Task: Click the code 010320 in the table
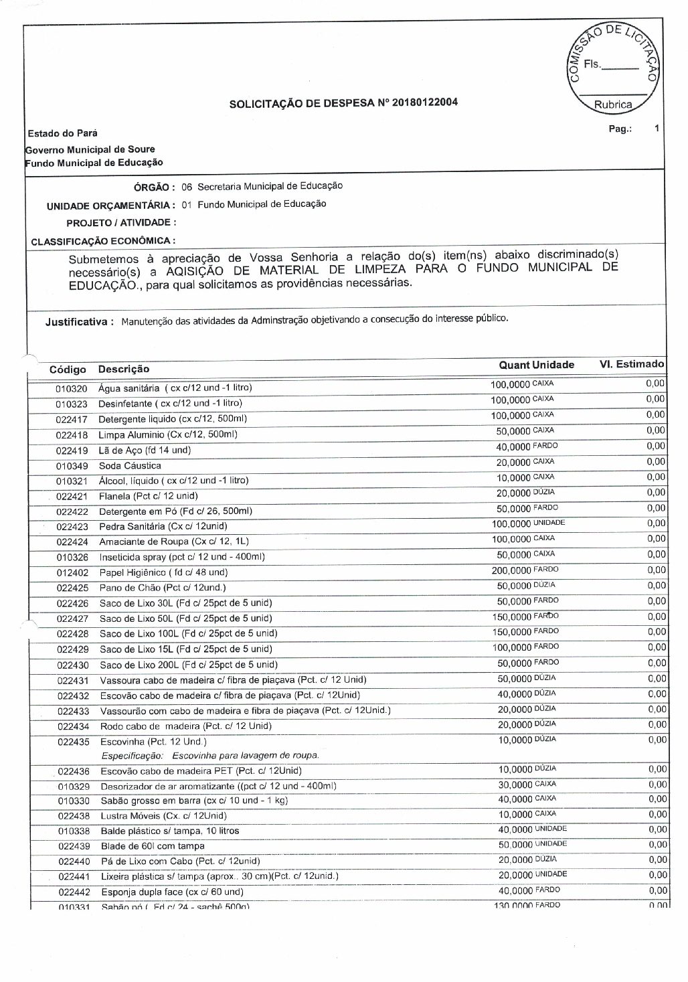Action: coord(71,388)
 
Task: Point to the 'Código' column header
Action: coord(68,370)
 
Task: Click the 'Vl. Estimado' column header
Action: coord(631,364)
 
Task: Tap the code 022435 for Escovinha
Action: coord(73,742)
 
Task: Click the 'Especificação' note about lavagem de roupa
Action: coord(209,755)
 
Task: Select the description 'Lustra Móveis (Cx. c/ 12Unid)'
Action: coord(163,815)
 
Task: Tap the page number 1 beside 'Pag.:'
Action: coord(657,128)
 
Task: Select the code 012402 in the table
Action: coord(72,573)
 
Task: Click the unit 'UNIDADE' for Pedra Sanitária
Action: coord(549,523)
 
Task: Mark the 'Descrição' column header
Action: coord(124,369)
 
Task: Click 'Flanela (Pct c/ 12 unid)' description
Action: coord(148,496)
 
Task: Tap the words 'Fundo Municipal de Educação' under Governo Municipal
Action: coord(94,163)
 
